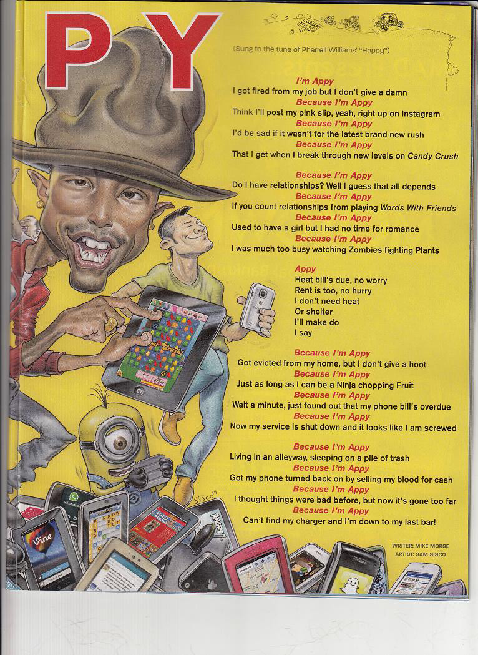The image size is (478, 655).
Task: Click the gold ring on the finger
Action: [x=111, y=323]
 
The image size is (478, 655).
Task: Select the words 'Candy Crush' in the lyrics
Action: [x=432, y=156]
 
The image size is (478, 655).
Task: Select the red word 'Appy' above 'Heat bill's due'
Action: [x=305, y=269]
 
